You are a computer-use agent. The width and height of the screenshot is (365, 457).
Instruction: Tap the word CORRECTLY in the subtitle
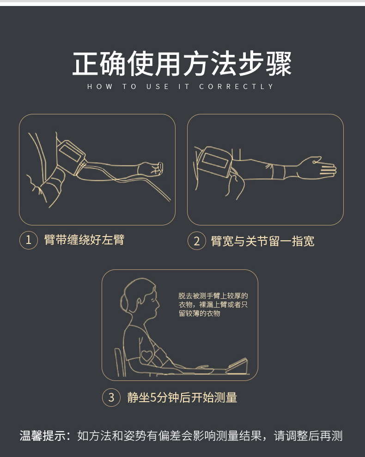pos(237,87)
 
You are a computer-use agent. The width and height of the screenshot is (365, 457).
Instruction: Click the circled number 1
pos(28,240)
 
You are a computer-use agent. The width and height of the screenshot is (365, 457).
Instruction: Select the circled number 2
pos(196,241)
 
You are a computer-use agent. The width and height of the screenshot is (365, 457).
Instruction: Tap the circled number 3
pos(111,398)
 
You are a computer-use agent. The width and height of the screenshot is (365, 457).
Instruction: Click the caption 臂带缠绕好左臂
pos(84,240)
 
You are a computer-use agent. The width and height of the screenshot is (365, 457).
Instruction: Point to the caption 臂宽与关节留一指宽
pos(262,241)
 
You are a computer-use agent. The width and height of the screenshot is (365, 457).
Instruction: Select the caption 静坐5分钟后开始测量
pos(182,398)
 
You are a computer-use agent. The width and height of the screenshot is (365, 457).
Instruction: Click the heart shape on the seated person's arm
pos(147,356)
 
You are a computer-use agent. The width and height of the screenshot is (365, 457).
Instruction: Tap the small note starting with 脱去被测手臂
pos(213,305)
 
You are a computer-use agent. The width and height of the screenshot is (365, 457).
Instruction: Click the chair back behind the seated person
pos(119,362)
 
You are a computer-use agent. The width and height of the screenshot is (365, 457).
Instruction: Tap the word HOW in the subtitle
pos(99,87)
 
